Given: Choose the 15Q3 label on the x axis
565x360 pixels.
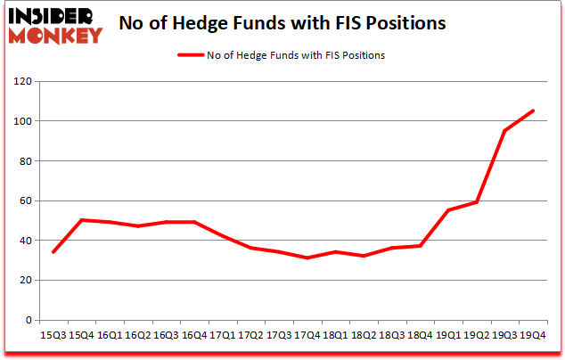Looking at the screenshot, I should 55,335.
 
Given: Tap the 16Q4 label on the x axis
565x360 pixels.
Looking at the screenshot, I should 194,335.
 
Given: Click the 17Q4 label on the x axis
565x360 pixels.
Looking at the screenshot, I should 307,335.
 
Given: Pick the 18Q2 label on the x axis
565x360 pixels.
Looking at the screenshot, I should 364,335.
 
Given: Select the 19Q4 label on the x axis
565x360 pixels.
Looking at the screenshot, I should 533,335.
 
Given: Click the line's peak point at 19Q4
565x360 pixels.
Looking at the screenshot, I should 533,111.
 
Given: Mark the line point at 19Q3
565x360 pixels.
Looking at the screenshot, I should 504,131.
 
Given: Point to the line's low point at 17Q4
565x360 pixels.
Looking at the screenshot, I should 307,258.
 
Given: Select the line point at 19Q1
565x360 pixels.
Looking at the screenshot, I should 448,210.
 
